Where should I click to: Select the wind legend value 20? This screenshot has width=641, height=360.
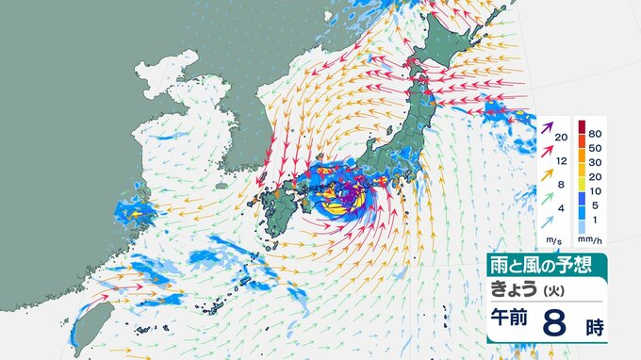point(561,138)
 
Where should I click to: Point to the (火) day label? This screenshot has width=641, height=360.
point(561,288)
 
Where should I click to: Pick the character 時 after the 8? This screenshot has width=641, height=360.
point(592,325)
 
